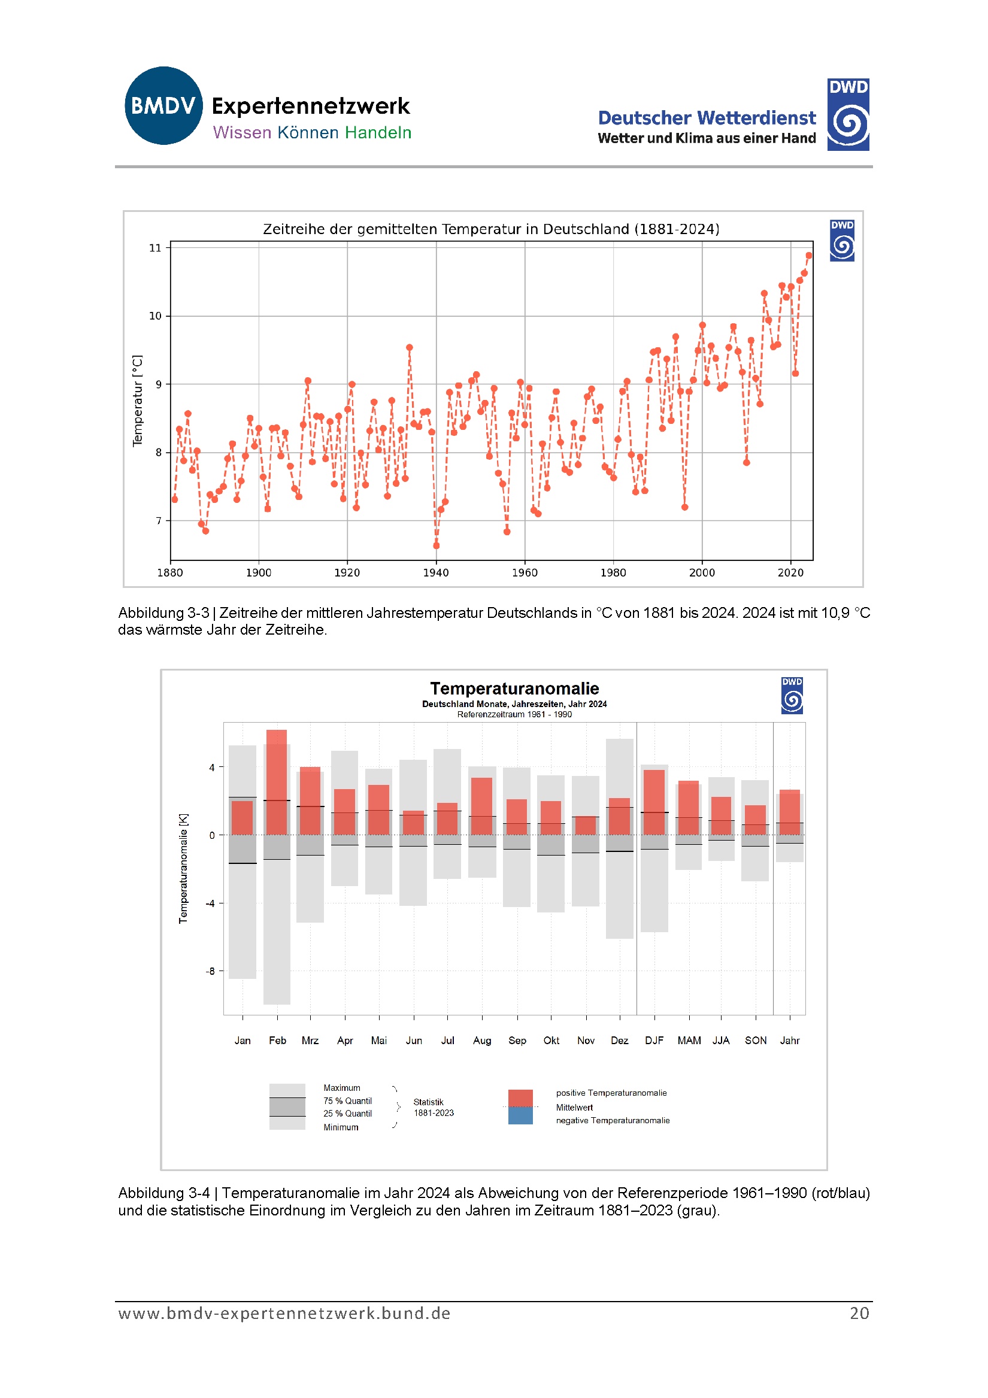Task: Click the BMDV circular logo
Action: (163, 105)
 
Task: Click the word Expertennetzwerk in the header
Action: (311, 106)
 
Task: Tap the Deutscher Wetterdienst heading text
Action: (707, 117)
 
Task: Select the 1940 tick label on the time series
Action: (435, 572)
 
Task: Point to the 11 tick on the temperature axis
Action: (155, 248)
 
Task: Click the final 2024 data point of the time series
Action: (808, 256)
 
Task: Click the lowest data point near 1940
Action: (436, 545)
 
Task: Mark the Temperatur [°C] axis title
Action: (138, 401)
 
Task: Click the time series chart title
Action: (491, 229)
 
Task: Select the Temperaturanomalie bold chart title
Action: (514, 689)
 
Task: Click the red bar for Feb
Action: (277, 782)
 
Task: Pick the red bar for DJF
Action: (654, 802)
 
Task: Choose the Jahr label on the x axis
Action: (789, 1041)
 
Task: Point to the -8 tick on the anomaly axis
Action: (210, 971)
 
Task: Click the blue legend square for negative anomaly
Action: (520, 1115)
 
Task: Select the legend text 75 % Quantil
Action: (347, 1101)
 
